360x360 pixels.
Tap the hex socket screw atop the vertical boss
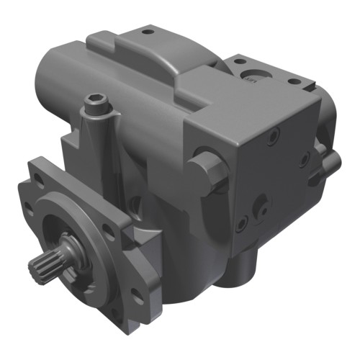tap(96, 105)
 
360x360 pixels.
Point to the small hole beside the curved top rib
tap(148, 32)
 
